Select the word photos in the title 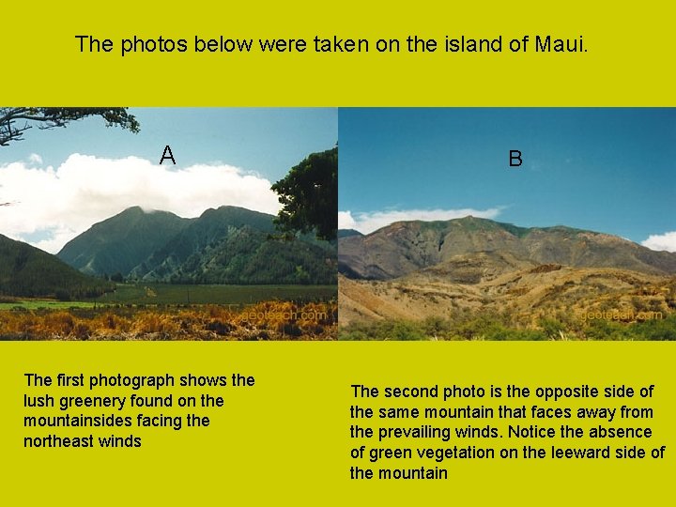153,44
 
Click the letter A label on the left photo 167,155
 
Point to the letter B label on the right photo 515,159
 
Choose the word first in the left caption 71,380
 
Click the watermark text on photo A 286,316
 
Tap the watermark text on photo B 621,316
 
